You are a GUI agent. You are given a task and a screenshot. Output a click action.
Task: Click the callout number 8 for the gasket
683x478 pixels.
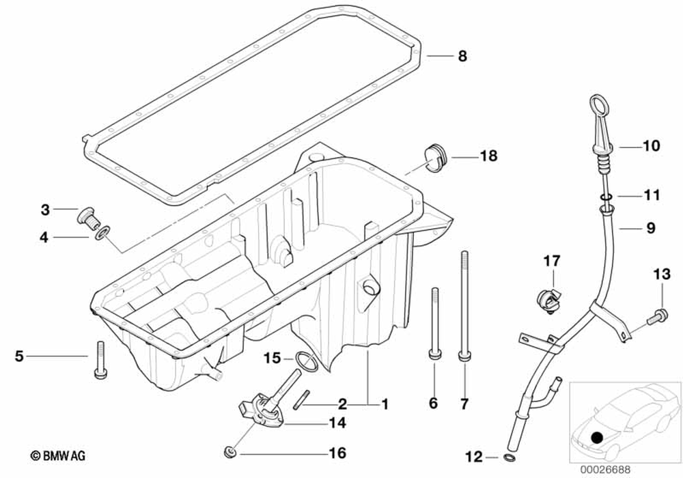click(x=462, y=57)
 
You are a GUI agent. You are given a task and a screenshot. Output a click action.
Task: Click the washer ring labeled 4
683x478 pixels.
click(x=102, y=235)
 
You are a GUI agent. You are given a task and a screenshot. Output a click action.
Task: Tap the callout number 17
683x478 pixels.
click(x=551, y=260)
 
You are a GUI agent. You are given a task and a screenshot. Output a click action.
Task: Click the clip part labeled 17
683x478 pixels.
click(x=548, y=300)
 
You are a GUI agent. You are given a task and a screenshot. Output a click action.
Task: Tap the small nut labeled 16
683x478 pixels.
click(x=231, y=452)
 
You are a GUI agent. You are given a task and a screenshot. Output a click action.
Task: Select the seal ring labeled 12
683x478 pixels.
click(x=509, y=456)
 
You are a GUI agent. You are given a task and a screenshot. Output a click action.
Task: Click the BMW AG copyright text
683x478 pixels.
click(x=57, y=455)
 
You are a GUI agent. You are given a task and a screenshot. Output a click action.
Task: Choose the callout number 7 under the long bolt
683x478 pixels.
click(x=464, y=404)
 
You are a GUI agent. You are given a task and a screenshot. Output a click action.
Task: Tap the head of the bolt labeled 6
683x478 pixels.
click(x=433, y=354)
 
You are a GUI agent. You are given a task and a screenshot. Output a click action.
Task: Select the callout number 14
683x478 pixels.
click(x=337, y=423)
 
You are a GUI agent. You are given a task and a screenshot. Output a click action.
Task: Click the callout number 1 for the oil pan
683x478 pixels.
click(x=385, y=404)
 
